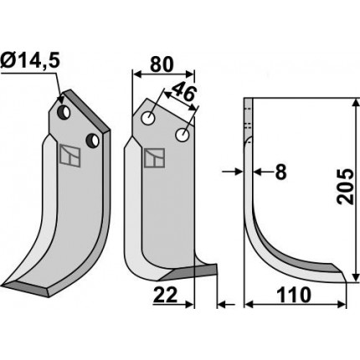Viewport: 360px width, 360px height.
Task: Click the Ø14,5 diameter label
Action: (30, 61)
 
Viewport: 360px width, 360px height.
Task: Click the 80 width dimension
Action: (162, 64)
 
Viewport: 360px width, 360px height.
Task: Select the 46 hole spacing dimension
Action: (184, 92)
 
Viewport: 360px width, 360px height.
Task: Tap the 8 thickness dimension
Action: (280, 172)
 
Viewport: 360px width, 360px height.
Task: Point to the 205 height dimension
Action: (347, 187)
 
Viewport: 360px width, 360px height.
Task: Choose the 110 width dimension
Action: (294, 295)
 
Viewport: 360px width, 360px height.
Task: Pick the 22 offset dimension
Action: (165, 296)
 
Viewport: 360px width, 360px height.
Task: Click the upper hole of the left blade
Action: (64, 112)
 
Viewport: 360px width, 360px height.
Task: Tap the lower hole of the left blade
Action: (93, 141)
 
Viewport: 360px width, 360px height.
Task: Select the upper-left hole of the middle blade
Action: (148, 118)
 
